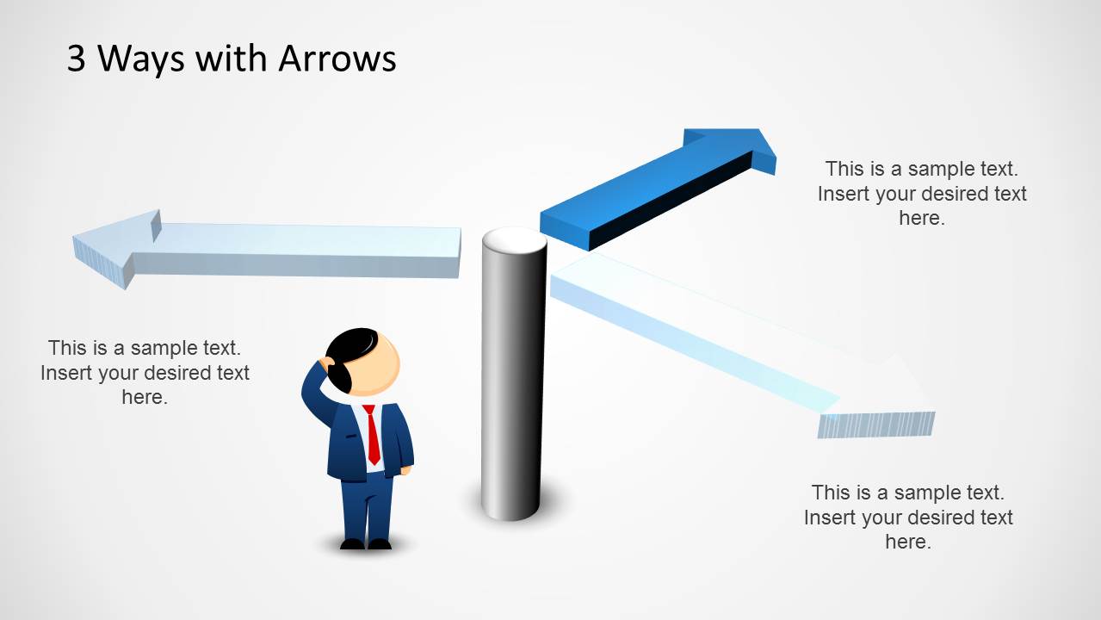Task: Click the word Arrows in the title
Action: (x=337, y=59)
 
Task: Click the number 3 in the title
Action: (x=77, y=59)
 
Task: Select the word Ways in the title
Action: (x=141, y=59)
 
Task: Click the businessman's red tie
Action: (x=372, y=435)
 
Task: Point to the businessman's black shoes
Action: (x=365, y=543)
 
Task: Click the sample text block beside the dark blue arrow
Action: (x=921, y=194)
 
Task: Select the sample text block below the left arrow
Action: (x=145, y=372)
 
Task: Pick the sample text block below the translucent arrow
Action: (x=908, y=517)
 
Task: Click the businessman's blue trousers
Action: (x=367, y=508)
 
